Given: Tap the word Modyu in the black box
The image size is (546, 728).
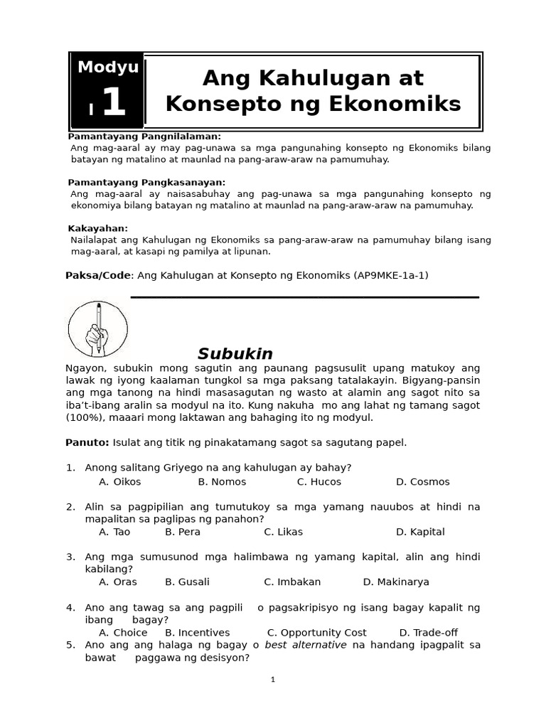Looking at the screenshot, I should [108, 68].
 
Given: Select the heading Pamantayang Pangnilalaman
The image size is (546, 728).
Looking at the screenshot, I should [144, 136].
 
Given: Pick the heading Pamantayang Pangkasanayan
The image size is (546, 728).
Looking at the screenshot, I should [146, 183].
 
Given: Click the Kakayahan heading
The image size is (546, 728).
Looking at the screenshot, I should [98, 228].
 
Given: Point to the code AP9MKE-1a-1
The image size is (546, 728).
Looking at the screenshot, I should [391, 275].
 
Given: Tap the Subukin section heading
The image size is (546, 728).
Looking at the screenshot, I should [235, 354].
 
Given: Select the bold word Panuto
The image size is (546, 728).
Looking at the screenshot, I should [87, 442].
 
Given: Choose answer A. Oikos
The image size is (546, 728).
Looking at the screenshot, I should [120, 482].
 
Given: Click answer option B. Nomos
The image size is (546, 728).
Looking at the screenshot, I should [222, 482].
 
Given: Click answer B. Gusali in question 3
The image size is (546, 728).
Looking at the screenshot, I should [187, 582].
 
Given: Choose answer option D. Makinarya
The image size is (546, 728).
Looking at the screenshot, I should [396, 582].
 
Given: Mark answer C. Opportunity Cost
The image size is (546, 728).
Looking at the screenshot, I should [317, 633].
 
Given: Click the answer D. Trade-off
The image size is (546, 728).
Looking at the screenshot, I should [429, 633].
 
